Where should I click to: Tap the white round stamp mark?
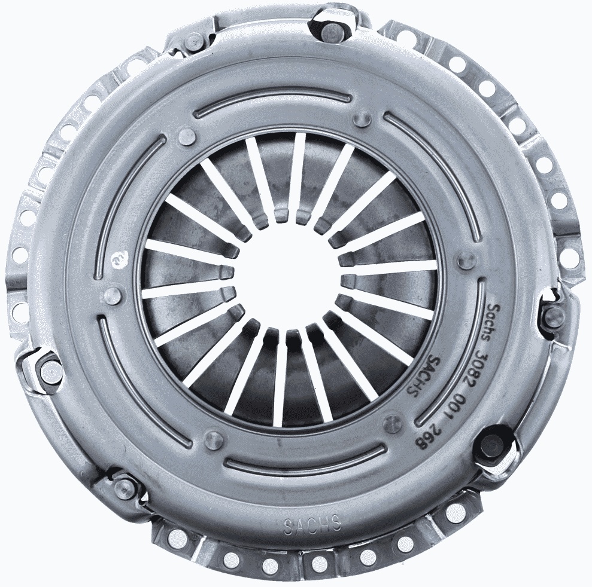click(x=118, y=258)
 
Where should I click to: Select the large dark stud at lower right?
click(x=493, y=445)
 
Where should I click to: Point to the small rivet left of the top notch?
click(x=194, y=41)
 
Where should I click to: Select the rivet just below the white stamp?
click(x=113, y=294)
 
